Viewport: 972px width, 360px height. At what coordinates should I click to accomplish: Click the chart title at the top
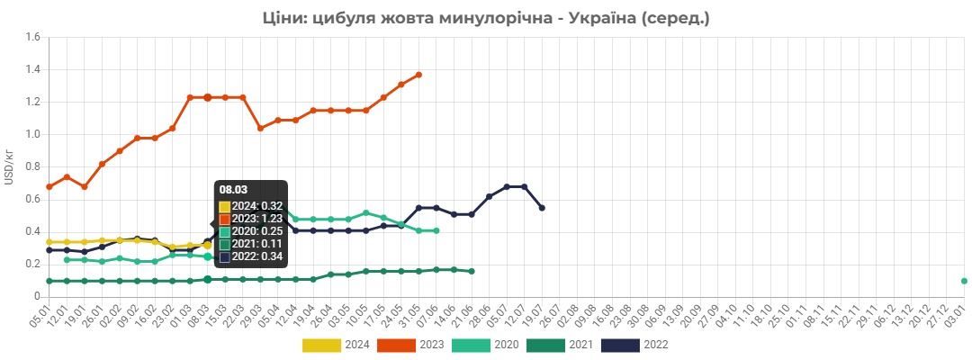(x=486, y=17)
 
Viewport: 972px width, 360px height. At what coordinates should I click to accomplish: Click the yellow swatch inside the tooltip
(x=225, y=207)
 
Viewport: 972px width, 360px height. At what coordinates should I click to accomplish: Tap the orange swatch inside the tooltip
(x=225, y=220)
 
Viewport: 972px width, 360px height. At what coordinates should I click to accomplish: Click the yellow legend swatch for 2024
(x=322, y=345)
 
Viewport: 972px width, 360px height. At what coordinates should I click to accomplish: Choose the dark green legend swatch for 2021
(x=545, y=345)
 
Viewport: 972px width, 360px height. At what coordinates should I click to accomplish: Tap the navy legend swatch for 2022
(x=620, y=345)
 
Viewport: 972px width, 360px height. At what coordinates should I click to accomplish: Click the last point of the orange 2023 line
(x=418, y=75)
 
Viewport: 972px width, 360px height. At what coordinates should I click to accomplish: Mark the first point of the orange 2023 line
(x=49, y=187)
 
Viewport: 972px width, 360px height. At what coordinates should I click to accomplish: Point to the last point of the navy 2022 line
(x=542, y=208)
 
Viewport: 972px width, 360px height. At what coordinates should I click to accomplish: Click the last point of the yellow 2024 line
(x=208, y=245)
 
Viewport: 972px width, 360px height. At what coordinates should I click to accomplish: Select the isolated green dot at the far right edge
(x=964, y=281)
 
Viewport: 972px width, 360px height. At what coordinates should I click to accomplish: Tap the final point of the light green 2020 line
(x=436, y=231)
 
